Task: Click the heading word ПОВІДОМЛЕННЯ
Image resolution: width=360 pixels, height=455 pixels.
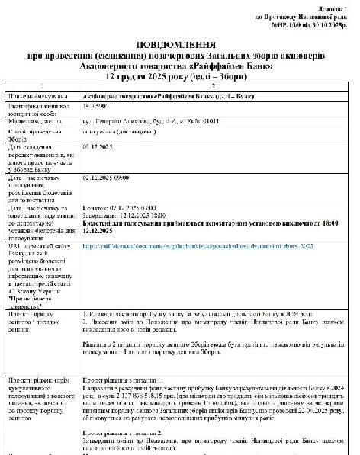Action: (180, 46)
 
